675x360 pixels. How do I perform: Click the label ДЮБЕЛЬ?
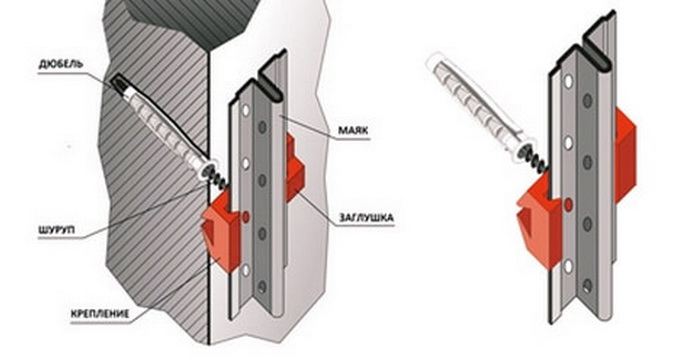coord(60,65)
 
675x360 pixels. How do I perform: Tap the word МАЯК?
coord(353,130)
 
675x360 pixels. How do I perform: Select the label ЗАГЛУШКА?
coord(366,218)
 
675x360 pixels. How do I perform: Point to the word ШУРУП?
coord(56,230)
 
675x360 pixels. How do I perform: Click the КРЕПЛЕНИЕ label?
coord(100,313)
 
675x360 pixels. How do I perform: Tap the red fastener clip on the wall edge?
coord(221,230)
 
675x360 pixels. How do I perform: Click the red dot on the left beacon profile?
coord(246,217)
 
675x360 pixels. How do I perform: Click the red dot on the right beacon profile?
coord(568,205)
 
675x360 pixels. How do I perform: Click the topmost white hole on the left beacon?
coord(246,111)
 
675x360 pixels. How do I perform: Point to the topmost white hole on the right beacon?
coord(569,82)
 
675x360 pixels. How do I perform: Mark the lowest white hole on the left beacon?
coord(245,270)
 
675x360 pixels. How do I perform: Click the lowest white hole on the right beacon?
coord(568,267)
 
